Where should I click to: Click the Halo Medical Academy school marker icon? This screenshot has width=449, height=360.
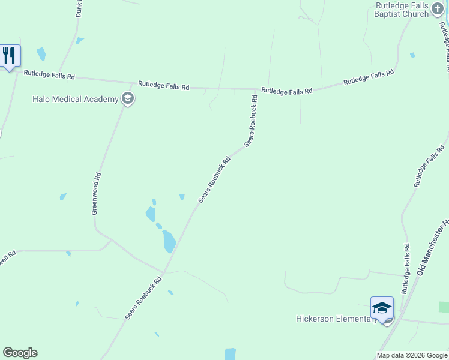pos(127,99)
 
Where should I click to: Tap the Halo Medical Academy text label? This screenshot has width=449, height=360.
pos(76,99)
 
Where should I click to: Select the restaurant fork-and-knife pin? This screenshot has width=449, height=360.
pos(10,56)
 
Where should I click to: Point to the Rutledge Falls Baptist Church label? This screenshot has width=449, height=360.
pos(402,10)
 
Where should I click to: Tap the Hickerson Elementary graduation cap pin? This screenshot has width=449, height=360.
pos(382,308)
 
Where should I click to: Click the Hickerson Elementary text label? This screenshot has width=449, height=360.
pos(336,319)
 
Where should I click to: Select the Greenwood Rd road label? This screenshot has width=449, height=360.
pos(96,193)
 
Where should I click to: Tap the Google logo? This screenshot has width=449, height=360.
pos(20,353)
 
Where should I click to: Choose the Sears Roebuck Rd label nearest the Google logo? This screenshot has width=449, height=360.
pos(144,298)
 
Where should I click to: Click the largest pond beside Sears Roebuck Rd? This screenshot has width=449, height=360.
pos(169,241)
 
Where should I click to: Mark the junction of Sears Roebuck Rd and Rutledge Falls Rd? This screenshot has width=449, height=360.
pos(257,89)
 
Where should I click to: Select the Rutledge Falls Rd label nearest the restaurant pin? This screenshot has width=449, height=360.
pos(49,76)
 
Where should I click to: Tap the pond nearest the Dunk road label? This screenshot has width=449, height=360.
pos(80,41)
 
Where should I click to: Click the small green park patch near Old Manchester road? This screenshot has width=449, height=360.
pos(444,307)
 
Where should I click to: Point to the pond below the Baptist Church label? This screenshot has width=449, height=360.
pos(412,55)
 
